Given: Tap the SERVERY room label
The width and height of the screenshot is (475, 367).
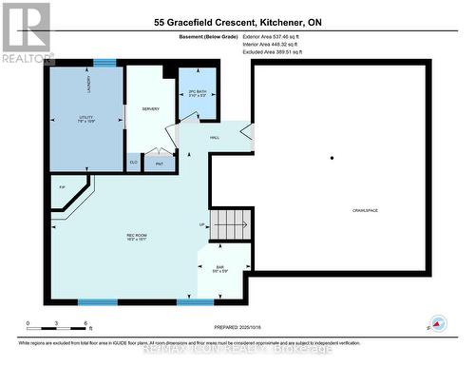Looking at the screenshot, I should (x=150, y=109).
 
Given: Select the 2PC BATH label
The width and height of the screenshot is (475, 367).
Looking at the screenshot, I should (x=198, y=93).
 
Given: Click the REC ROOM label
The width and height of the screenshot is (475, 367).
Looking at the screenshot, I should (x=137, y=236).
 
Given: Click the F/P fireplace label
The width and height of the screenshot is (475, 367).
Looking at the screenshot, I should (x=62, y=187).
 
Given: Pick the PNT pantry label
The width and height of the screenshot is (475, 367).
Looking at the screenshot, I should (x=159, y=163).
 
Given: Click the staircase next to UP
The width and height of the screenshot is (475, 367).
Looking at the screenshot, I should (x=230, y=225).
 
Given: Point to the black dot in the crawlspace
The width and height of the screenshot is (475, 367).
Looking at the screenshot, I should (x=332, y=157).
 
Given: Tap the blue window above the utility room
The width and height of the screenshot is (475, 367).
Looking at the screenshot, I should (x=104, y=63).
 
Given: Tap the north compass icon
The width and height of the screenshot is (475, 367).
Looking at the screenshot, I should (x=437, y=323).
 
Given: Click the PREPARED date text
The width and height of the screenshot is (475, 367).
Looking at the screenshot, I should (x=231, y=325).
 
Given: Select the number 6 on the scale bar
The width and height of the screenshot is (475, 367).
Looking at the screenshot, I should (x=86, y=325).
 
